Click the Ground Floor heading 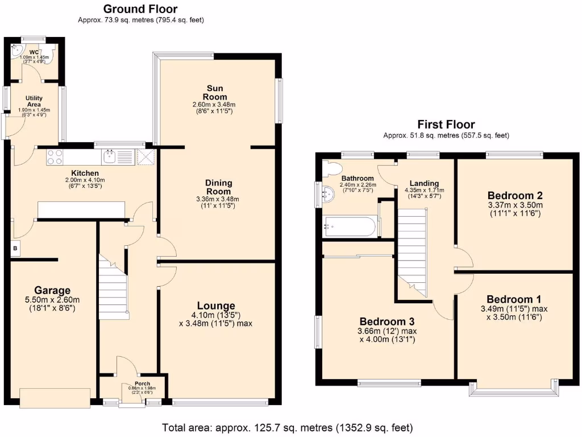tap(140, 9)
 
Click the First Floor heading tap(446, 125)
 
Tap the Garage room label tap(52, 290)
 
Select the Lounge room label tap(216, 306)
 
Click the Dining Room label tap(218, 187)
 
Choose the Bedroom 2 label tap(516, 196)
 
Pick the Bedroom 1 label tap(514, 299)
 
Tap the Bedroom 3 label tap(387, 320)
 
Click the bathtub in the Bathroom tap(348, 227)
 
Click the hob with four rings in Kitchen tap(55, 156)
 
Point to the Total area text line tap(287, 427)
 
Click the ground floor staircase tap(112, 287)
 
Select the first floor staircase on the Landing tap(412, 250)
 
